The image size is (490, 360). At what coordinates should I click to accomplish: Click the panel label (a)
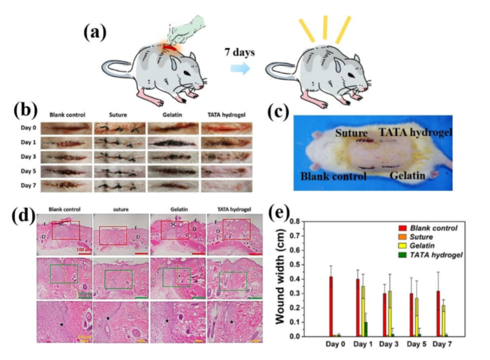coord(95,32)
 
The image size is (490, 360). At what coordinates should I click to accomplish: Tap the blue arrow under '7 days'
coord(239,69)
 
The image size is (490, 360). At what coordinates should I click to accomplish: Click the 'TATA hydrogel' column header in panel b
coord(226,114)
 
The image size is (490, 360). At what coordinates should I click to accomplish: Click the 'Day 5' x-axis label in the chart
coord(416,345)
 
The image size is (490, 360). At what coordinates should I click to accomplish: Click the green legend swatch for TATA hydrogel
coord(403,255)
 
